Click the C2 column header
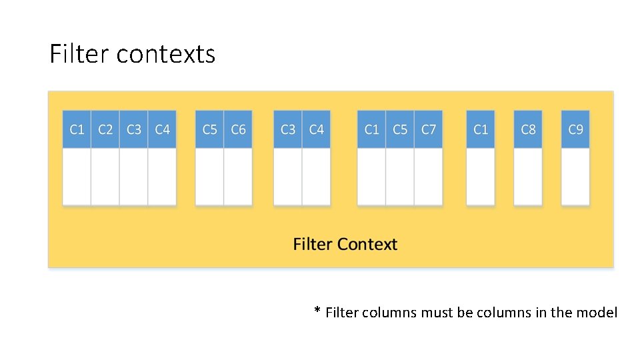tap(105, 129)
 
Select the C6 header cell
tap(238, 129)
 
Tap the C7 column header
tap(428, 129)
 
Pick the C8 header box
tap(528, 129)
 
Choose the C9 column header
tap(575, 129)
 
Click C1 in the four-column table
tap(77, 129)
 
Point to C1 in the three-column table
tap(371, 129)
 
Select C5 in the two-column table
tap(209, 129)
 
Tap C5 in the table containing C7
tap(400, 129)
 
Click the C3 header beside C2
tap(134, 129)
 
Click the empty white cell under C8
tap(528, 177)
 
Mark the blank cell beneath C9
tap(575, 177)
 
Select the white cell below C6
tap(238, 177)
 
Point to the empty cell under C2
tap(105, 177)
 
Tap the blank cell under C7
tap(428, 177)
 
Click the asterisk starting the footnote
tap(318, 311)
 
